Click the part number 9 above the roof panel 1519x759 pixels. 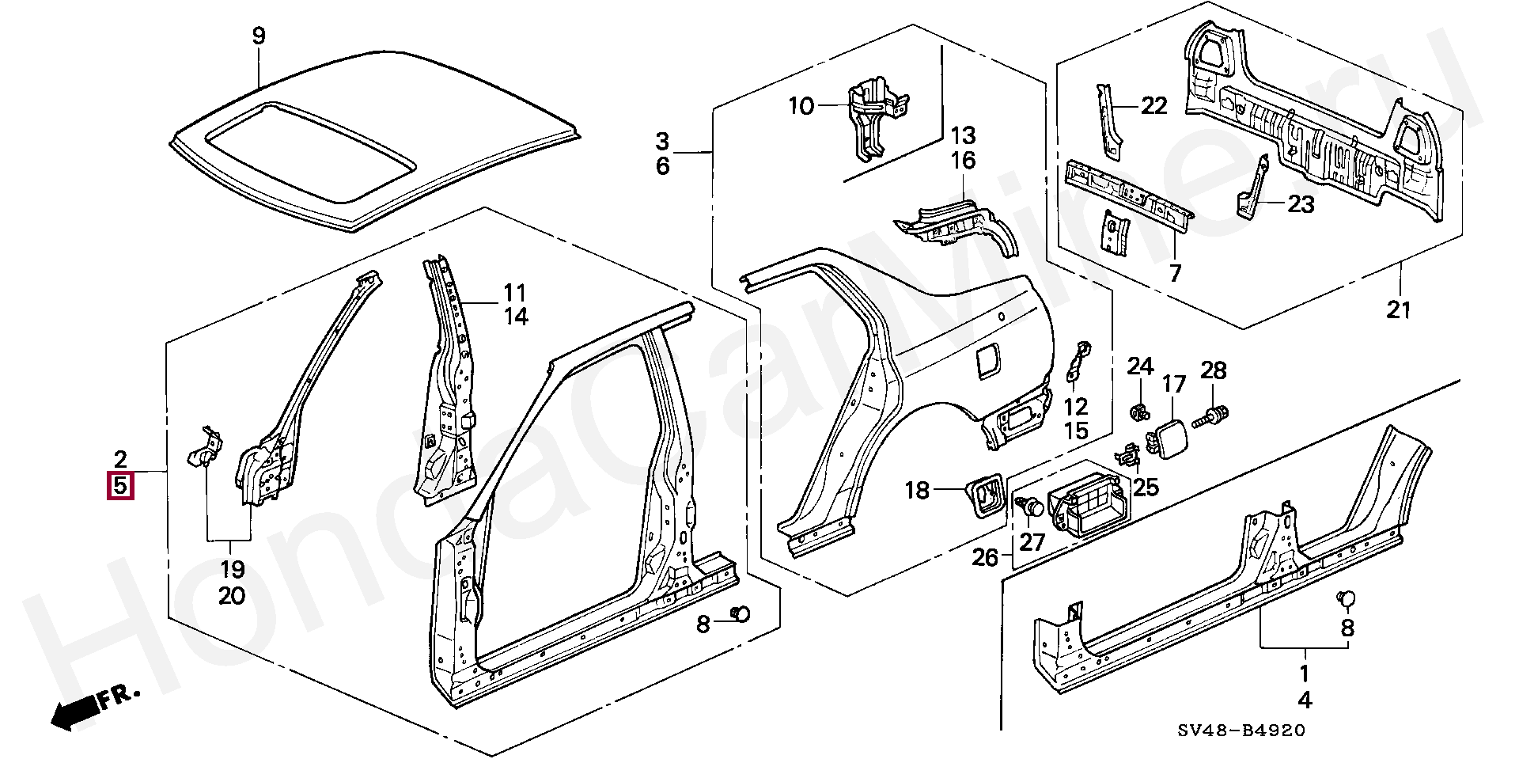[259, 36]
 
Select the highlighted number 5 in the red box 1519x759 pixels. [120, 485]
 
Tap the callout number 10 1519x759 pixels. [801, 105]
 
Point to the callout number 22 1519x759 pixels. [1153, 105]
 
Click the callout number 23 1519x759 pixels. [1301, 205]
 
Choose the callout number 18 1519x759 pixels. [917, 491]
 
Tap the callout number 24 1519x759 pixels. [1140, 366]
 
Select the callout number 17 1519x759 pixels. [1174, 385]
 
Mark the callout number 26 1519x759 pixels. [986, 558]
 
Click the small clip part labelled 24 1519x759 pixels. [1140, 412]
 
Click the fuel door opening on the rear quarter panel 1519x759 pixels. [988, 361]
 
